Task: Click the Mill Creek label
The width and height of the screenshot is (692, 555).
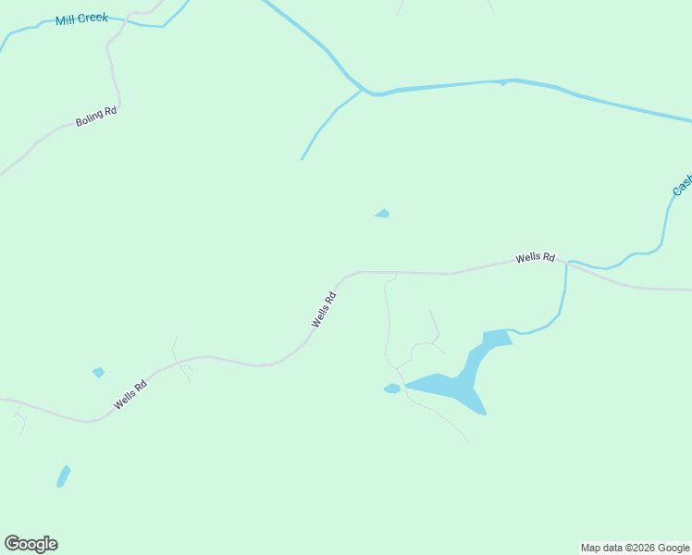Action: [81, 18]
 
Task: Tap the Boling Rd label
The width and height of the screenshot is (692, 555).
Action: [96, 117]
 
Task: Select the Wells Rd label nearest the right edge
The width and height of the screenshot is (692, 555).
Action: [536, 258]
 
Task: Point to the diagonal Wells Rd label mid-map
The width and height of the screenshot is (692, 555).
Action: [324, 309]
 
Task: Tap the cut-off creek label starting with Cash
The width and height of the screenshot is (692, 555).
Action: [682, 185]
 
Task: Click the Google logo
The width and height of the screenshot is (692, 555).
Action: [31, 544]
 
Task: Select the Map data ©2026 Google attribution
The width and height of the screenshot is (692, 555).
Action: [636, 548]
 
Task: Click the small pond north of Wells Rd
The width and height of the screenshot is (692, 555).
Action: [382, 214]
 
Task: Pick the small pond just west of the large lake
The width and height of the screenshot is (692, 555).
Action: [392, 388]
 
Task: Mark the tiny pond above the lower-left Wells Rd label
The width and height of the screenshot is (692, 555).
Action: [98, 373]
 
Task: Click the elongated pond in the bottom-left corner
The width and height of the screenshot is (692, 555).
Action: [63, 476]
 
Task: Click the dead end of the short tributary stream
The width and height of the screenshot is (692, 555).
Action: [302, 160]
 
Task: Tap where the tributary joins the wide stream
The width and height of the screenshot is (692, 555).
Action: [364, 89]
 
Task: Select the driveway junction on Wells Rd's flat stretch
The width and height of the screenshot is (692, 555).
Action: [385, 274]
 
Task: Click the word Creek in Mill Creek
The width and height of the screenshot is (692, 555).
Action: [94, 18]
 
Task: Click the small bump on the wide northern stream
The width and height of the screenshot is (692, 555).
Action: [502, 83]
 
